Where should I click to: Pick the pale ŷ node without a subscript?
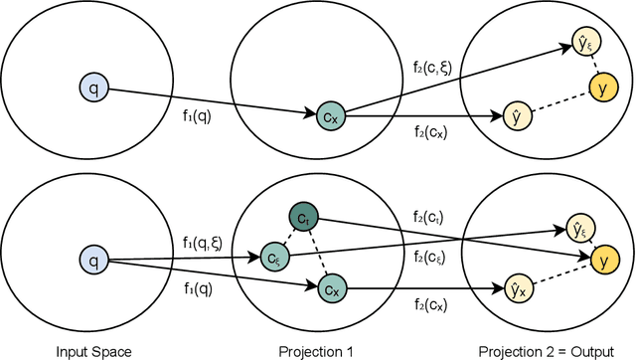click(515, 116)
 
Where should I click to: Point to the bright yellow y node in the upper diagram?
click(598, 89)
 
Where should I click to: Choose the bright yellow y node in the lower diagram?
click(598, 262)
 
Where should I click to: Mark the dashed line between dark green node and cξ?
click(289, 237)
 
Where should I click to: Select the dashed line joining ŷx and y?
click(556, 275)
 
